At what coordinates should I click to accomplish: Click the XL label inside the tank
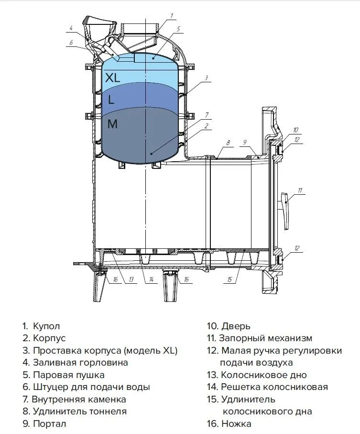(112, 77)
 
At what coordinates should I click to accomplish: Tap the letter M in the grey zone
(112, 124)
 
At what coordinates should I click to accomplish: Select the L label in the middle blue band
(111, 100)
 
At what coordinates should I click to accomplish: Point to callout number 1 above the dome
(172, 16)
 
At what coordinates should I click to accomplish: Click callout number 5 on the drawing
(178, 29)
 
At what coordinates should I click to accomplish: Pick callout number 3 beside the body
(206, 78)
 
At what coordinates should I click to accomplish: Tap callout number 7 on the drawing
(207, 115)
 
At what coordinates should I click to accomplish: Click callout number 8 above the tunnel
(228, 143)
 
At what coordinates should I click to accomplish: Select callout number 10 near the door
(295, 130)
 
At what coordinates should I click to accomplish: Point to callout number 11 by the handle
(300, 190)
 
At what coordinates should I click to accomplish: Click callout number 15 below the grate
(229, 279)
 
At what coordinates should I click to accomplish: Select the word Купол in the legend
(46, 326)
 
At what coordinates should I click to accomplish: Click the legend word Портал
(50, 423)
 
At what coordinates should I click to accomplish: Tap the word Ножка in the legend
(236, 423)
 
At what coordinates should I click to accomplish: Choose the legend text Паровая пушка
(69, 375)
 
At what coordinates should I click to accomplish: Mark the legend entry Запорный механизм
(266, 338)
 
